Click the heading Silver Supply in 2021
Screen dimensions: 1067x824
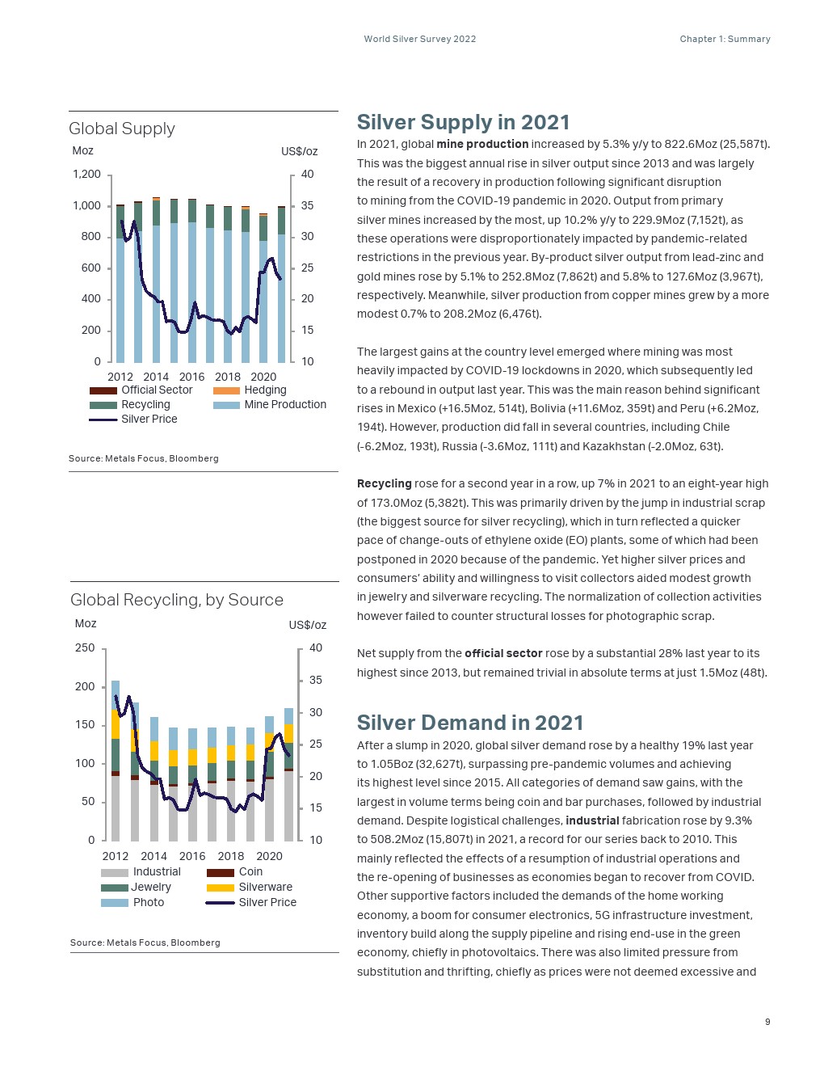pos(463,122)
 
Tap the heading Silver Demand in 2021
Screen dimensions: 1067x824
pos(469,723)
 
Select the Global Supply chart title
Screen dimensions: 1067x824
pos(122,129)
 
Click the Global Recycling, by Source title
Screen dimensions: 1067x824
pos(177,600)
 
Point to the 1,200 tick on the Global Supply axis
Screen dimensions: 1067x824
pos(87,175)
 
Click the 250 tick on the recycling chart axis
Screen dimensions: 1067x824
pos(85,648)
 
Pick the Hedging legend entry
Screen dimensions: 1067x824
pos(265,390)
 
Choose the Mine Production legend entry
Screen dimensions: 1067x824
pos(285,405)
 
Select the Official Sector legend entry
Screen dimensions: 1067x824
pos(157,390)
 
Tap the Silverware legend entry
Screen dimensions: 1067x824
pos(265,888)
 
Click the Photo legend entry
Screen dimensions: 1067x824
pos(149,903)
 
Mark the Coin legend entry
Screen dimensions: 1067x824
pos(250,872)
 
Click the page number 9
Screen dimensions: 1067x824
pos(767,1022)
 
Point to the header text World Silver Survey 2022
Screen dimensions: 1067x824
pos(420,39)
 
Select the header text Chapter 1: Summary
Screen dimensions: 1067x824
pos(725,39)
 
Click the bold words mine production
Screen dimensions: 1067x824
pos(482,145)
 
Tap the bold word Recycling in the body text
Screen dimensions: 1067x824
pos(385,483)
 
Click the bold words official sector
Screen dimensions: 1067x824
pos(503,653)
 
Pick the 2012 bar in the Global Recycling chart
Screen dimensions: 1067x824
pos(116,760)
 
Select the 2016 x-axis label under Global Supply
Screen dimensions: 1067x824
pos(191,377)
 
